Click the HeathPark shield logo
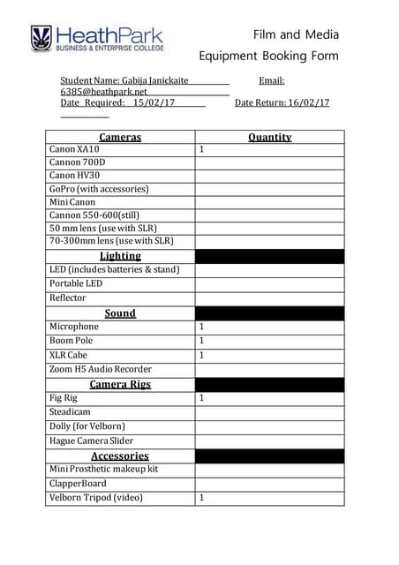pyautogui.click(x=41, y=38)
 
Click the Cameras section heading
pyautogui.click(x=120, y=137)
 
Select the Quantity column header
pyautogui.click(x=269, y=137)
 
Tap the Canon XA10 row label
pyautogui.click(x=74, y=149)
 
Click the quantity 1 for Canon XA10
pyautogui.click(x=201, y=149)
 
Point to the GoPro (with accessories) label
pyautogui.click(x=99, y=188)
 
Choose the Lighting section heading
pyautogui.click(x=120, y=256)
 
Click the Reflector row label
pyautogui.click(x=68, y=298)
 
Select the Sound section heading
pyautogui.click(x=120, y=313)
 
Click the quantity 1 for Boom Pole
pyautogui.click(x=201, y=340)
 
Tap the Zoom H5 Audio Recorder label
pyautogui.click(x=101, y=369)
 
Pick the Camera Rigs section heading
pyautogui.click(x=120, y=384)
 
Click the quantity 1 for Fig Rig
pyautogui.click(x=201, y=398)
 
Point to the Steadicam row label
pyautogui.click(x=70, y=411)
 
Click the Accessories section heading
pyautogui.click(x=120, y=456)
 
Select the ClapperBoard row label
pyautogui.click(x=78, y=484)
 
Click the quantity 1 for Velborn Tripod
pyautogui.click(x=201, y=498)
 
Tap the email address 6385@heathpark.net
pyautogui.click(x=98, y=91)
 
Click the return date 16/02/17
pyautogui.click(x=309, y=102)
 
